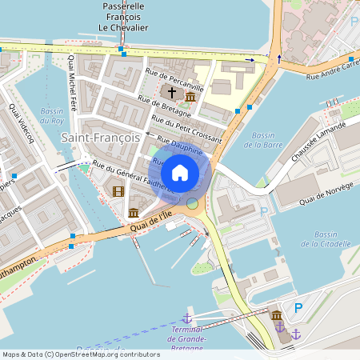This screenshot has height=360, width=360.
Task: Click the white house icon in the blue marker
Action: point(179,173)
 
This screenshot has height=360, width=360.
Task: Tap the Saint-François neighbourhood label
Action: point(100,138)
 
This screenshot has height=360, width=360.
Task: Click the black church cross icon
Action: point(171,93)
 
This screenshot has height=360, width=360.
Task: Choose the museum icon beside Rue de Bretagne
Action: point(190,97)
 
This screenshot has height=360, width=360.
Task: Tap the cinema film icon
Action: point(118,190)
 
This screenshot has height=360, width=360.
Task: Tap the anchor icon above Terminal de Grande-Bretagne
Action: point(187,319)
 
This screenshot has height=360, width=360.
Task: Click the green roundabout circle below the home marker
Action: point(192,203)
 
